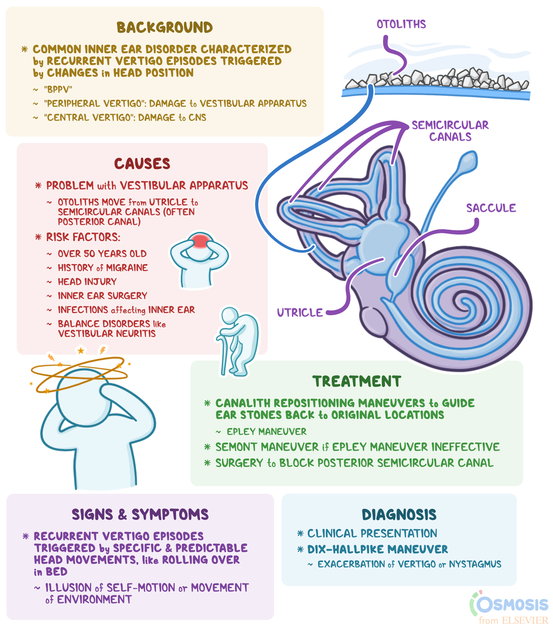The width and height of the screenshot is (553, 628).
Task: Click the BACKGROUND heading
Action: [164, 28]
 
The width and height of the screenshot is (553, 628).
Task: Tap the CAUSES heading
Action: [142, 164]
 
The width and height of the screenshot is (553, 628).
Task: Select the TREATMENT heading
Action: [357, 381]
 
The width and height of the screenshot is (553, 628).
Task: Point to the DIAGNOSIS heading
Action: [398, 514]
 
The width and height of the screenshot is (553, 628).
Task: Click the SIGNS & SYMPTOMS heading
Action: [140, 514]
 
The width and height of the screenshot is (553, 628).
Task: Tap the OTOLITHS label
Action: [401, 24]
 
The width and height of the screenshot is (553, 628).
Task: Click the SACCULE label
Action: [491, 208]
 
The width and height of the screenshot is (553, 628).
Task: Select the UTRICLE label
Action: [300, 312]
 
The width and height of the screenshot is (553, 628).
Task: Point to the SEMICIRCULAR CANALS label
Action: [450, 131]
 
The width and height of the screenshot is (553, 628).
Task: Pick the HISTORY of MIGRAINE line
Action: [102, 267]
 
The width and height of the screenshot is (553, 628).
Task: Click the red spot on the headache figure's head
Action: [200, 241]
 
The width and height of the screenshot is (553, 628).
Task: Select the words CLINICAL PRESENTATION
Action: [372, 533]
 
